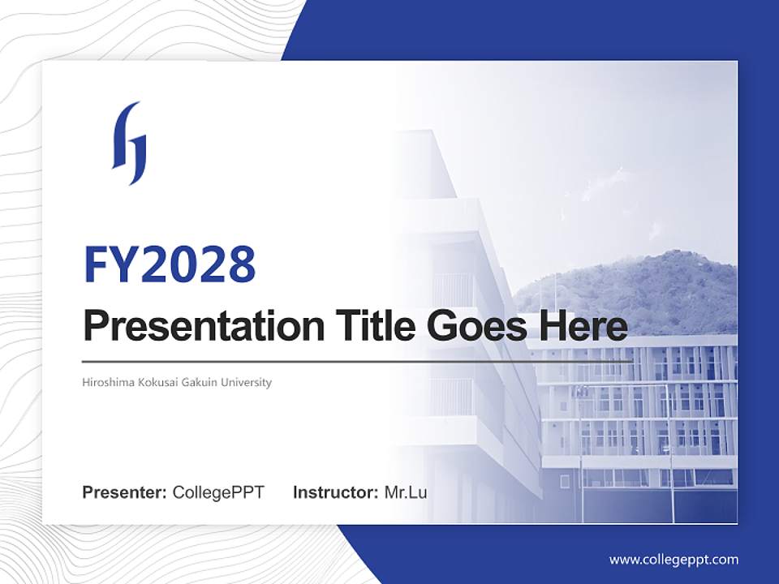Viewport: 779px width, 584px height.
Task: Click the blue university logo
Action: [x=130, y=144]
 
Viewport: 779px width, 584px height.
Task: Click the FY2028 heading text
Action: [x=170, y=264]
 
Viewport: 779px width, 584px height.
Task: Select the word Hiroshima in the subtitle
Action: [x=107, y=382]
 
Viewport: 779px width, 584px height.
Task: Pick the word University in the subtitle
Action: [x=246, y=382]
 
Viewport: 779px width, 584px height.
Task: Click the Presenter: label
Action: [x=125, y=492]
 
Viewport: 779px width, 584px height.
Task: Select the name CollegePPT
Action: [x=218, y=492]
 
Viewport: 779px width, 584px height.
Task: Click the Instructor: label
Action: [x=335, y=492]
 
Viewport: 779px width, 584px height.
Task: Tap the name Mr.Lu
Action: [x=406, y=492]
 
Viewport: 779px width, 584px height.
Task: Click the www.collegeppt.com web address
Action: [x=674, y=560]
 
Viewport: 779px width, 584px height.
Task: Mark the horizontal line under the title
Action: [x=357, y=361]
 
